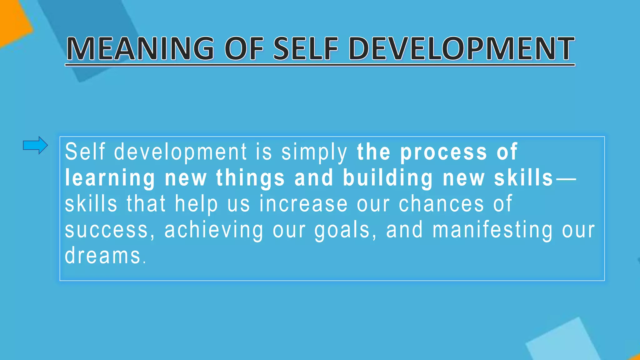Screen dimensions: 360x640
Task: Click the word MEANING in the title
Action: (x=140, y=49)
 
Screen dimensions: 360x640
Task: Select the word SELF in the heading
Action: (x=306, y=49)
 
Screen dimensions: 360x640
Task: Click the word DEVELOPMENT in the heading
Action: (x=461, y=49)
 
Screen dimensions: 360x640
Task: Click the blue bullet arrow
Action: (x=35, y=145)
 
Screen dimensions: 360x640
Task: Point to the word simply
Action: (x=314, y=152)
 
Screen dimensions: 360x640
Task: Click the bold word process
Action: (x=444, y=152)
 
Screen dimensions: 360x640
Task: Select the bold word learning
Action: (x=110, y=178)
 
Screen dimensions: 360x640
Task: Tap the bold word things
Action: (x=250, y=178)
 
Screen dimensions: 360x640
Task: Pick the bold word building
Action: (x=388, y=178)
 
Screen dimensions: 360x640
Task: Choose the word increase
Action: (x=303, y=204)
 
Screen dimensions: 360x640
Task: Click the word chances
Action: (x=442, y=204)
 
